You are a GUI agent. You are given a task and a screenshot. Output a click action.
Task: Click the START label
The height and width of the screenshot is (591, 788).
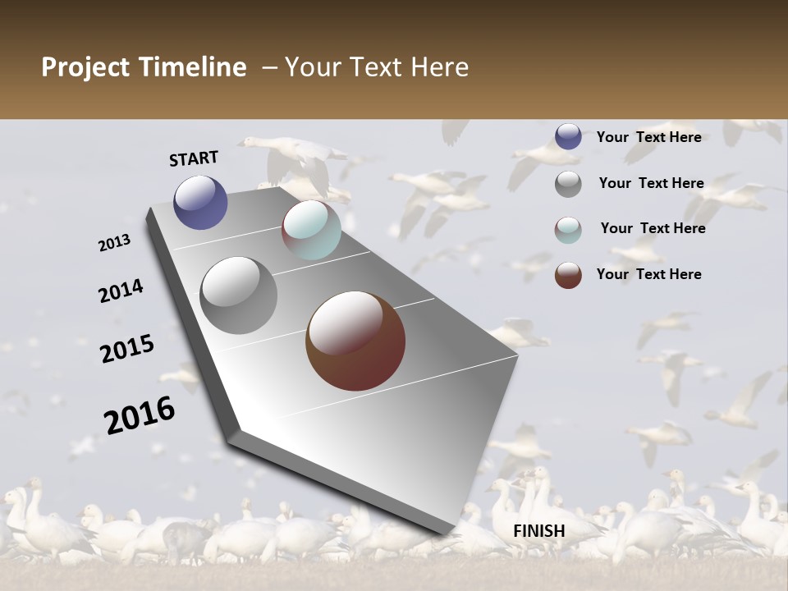click(x=194, y=158)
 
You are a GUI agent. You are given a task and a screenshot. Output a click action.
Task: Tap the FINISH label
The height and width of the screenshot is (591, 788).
click(x=538, y=531)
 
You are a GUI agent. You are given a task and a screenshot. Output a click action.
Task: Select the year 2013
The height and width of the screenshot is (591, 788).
click(x=114, y=243)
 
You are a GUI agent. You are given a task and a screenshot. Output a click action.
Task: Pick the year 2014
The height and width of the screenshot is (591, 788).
click(x=121, y=291)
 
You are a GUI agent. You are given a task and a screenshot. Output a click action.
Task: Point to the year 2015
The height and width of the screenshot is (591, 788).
click(x=127, y=349)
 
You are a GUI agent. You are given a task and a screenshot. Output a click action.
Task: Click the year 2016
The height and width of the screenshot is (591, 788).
click(x=140, y=415)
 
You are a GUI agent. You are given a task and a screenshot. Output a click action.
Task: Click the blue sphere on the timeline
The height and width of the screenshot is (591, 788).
click(x=200, y=202)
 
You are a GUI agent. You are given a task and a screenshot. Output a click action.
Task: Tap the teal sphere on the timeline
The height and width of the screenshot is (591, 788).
click(x=311, y=230)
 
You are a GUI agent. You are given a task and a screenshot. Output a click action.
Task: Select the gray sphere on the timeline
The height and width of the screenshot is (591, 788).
click(x=239, y=295)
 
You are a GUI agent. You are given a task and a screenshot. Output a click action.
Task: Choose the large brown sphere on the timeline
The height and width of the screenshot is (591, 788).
click(x=355, y=341)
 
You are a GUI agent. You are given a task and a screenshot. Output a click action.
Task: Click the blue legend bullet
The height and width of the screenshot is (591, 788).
click(x=568, y=136)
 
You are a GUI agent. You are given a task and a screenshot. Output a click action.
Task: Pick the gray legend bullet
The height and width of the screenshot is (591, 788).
click(x=568, y=184)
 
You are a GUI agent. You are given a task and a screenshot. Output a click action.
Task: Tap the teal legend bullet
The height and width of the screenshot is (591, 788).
click(x=568, y=230)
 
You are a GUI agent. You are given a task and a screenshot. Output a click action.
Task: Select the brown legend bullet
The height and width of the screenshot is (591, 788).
click(x=568, y=275)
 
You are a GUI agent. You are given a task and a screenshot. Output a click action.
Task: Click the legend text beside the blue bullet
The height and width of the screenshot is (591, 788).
click(x=648, y=137)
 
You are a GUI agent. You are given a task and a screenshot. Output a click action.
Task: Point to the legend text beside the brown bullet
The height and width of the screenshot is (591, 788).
click(x=648, y=274)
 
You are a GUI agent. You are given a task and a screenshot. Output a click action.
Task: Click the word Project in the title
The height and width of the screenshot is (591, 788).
click(x=85, y=67)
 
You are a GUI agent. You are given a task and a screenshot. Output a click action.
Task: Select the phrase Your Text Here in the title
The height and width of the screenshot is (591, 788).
click(x=377, y=67)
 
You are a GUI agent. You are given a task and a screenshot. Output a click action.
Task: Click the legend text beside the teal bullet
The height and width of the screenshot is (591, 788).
click(x=653, y=228)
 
